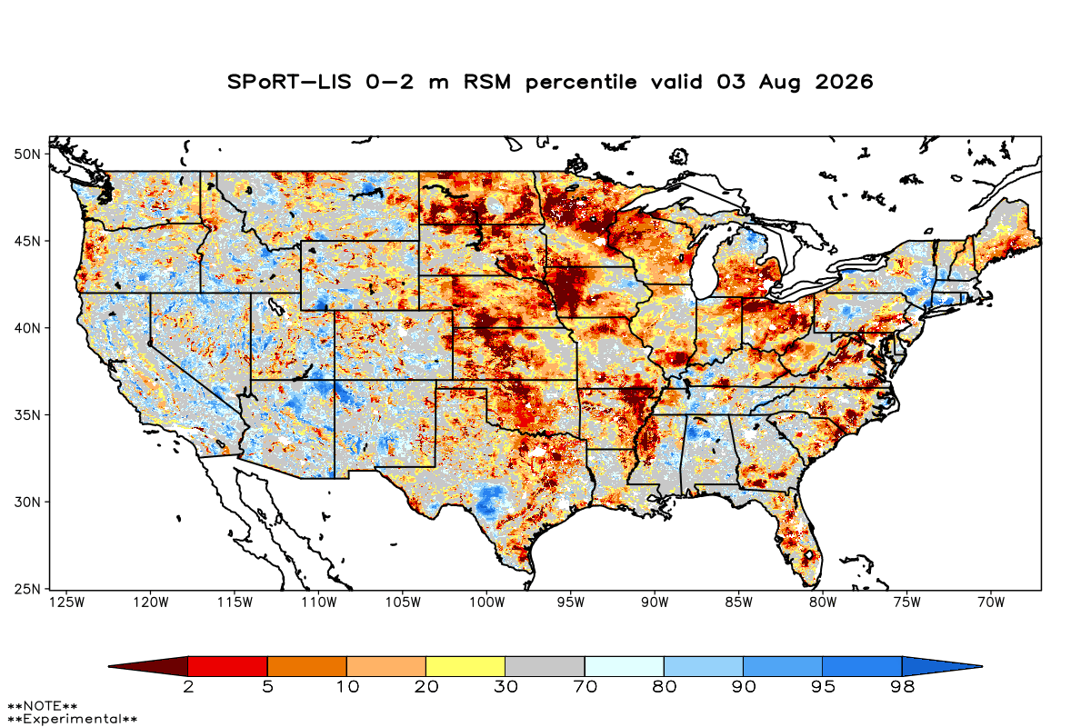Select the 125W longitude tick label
(x=67, y=603)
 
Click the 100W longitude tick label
(x=487, y=603)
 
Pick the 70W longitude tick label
(x=991, y=603)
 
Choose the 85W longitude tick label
(x=739, y=603)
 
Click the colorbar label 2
(x=188, y=687)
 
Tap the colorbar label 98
(x=902, y=687)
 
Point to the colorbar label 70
(x=585, y=687)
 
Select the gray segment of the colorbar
(x=545, y=666)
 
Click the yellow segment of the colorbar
(x=465, y=666)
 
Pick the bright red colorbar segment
(x=228, y=666)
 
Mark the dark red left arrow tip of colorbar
(x=108, y=666)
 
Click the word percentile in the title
(x=581, y=83)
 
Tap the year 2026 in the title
(x=844, y=82)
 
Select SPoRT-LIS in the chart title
(x=289, y=82)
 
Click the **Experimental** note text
(x=72, y=719)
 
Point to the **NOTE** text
(x=43, y=705)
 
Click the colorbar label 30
(x=505, y=687)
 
